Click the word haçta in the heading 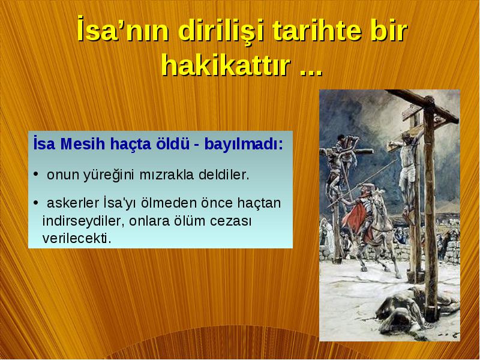coord(131,145)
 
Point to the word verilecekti coord(77,238)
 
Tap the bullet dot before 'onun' coord(36,175)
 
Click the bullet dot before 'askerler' coord(36,203)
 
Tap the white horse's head coord(379,197)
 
